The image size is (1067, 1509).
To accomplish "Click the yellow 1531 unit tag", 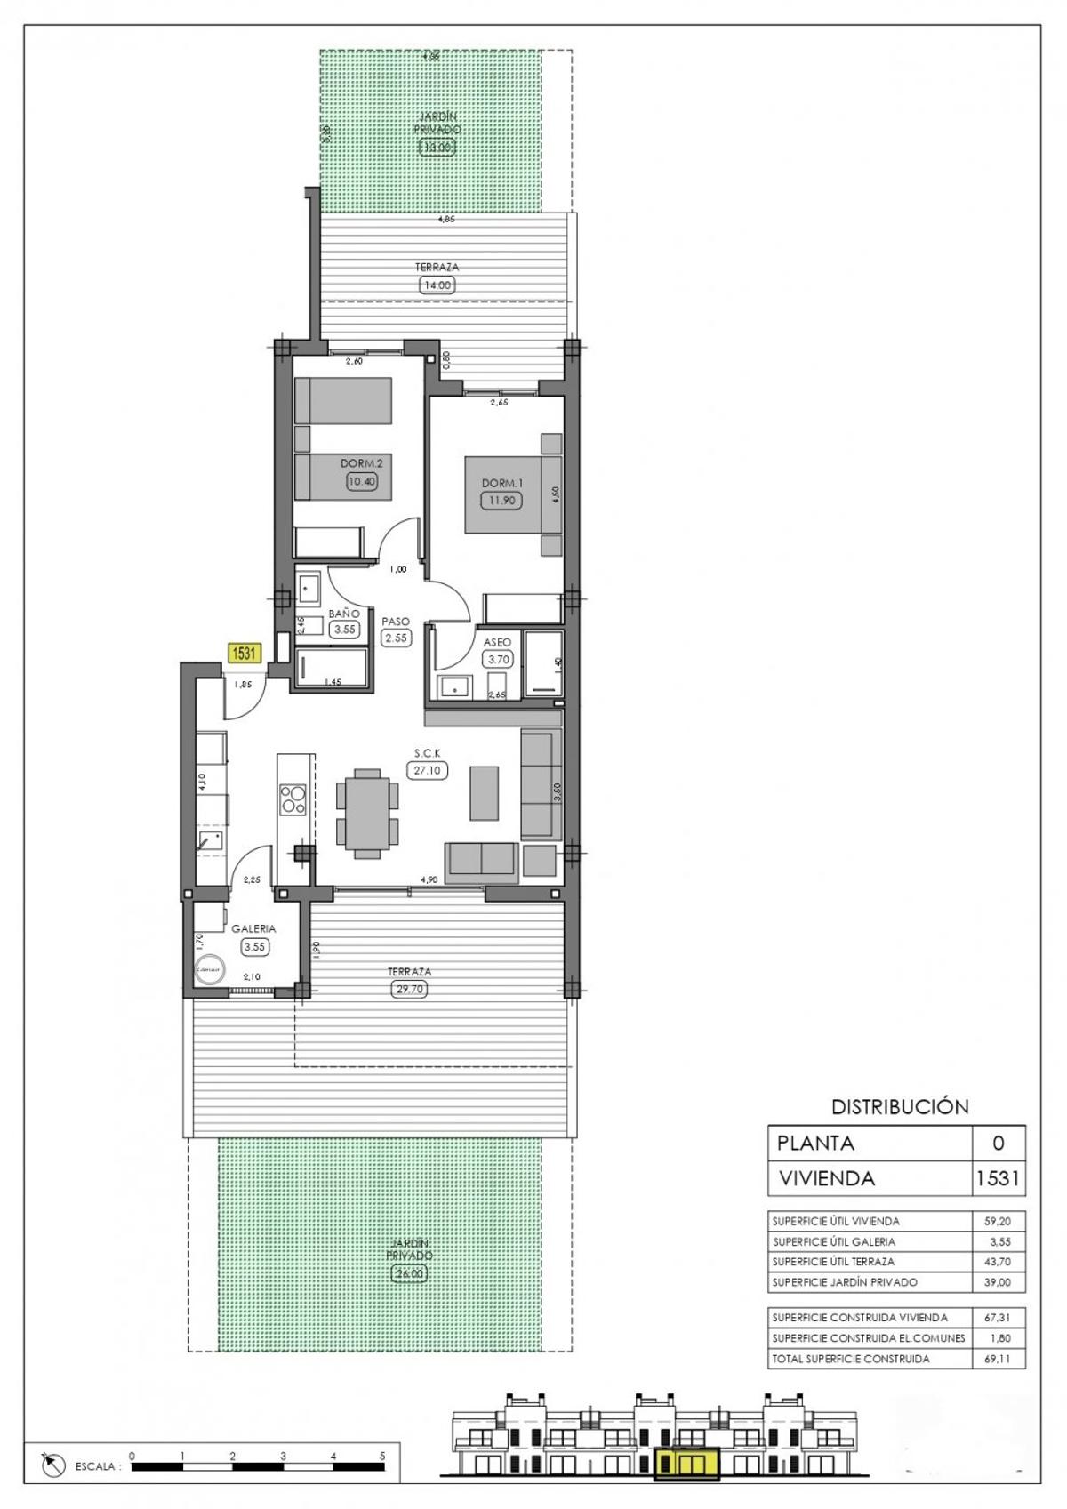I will [244, 654].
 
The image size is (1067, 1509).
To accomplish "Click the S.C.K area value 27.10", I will [428, 771].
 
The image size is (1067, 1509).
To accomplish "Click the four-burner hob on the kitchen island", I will [293, 799].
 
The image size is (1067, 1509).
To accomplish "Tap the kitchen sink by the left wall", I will [210, 840].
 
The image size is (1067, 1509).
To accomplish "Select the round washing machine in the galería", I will [212, 971].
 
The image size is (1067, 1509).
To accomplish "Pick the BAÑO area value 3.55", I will [344, 630].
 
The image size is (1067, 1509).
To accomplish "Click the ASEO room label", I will [497, 642].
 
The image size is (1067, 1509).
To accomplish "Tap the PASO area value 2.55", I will [397, 638].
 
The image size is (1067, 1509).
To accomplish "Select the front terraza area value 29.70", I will [409, 989].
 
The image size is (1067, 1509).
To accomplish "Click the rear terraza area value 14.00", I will [437, 285].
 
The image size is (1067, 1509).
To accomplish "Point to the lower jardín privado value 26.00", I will [409, 1273].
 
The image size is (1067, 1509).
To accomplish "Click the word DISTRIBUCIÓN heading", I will [899, 1107].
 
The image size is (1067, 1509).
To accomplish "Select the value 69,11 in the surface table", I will [998, 1359].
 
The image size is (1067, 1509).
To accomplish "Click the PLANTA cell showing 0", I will [998, 1144].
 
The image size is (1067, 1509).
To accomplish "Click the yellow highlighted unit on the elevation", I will [686, 1463].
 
